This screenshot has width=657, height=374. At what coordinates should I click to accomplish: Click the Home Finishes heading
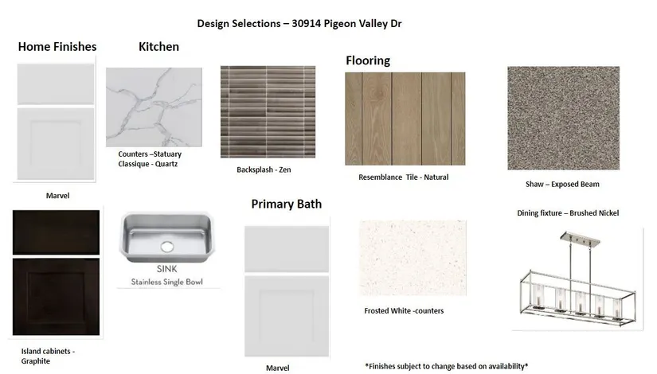coord(57,46)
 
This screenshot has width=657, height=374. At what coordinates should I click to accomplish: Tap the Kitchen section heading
coord(158,46)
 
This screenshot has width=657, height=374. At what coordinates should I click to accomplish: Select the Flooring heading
coord(368,60)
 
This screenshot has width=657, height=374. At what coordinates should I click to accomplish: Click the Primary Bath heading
coord(287,204)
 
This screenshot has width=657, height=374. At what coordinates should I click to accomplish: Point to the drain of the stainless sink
coord(167,247)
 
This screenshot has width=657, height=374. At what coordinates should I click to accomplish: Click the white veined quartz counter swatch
coord(154,107)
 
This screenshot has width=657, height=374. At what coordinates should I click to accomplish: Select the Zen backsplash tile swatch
coord(268,111)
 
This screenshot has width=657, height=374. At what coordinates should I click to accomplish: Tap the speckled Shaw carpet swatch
coord(564,118)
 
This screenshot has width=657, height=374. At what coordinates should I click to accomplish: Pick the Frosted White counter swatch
coord(413,258)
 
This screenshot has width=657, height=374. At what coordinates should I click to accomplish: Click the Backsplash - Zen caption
coord(264,169)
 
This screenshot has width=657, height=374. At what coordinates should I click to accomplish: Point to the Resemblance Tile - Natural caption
coord(404,177)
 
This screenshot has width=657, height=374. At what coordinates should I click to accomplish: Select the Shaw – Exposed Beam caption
coord(562,185)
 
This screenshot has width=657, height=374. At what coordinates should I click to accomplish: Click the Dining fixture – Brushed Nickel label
coord(568,212)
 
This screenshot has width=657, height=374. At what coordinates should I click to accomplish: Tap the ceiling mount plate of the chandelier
coord(580,238)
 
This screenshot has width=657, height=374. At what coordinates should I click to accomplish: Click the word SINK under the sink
coord(166,269)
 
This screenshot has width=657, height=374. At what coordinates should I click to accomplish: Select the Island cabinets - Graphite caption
coord(48,356)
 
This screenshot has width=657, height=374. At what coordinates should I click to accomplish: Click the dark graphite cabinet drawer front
coord(57,232)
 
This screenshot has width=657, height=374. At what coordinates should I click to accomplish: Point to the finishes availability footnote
coord(446,366)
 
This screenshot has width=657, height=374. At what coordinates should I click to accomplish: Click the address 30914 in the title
coord(307,23)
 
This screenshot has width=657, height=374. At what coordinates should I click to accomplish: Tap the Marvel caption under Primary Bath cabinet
coord(277,368)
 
